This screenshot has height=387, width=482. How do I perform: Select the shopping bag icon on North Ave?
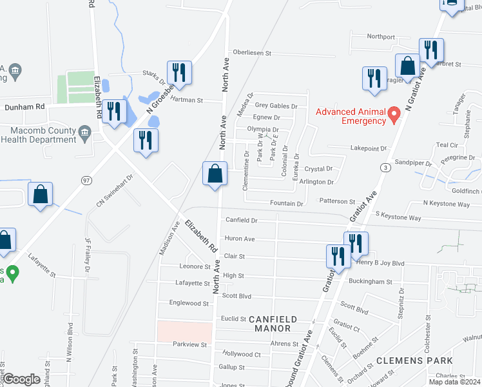[215, 174]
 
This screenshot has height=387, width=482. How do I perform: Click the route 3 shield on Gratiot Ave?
[385, 168]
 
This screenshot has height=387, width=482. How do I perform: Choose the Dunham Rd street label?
[25, 106]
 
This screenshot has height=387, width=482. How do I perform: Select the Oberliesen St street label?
[258, 52]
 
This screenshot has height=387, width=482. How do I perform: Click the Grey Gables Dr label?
[276, 106]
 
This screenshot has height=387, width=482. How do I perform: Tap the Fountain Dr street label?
[286, 204]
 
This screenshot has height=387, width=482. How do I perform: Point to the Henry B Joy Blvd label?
[380, 263]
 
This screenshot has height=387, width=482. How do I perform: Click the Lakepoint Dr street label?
[368, 148]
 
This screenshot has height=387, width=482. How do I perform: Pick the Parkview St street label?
[189, 344]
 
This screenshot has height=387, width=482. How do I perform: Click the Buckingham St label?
[371, 282]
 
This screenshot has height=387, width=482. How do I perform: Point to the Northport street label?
[380, 37]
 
